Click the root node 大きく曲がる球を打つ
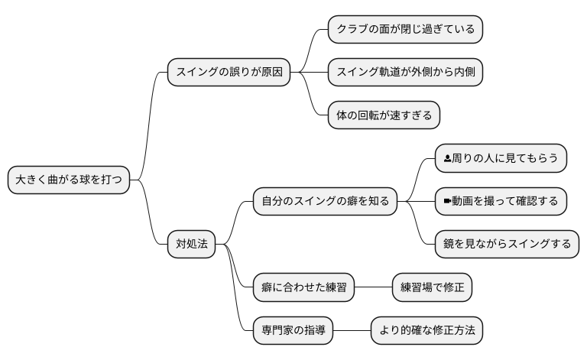click(68, 180)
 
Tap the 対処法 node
click(191, 245)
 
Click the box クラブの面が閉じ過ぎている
click(405, 30)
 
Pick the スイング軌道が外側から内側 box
click(405, 73)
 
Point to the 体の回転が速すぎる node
click(384, 116)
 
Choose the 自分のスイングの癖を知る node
click(325, 202)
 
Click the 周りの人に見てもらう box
click(501, 159)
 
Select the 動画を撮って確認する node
click(501, 202)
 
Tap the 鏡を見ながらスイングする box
click(507, 245)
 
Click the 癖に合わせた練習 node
click(303, 287)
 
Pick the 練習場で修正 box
click(432, 287)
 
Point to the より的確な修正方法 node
click(426, 330)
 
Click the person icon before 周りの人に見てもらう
click(448, 159)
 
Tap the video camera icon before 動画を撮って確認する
click(448, 202)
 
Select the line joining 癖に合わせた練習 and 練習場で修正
click(373, 287)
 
